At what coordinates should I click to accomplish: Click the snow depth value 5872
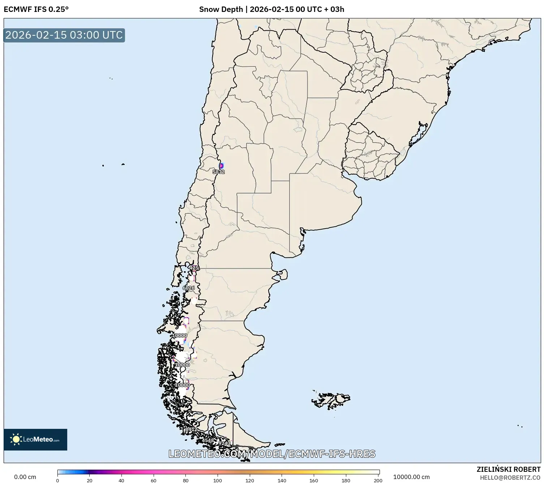219,172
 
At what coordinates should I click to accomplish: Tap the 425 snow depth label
194,268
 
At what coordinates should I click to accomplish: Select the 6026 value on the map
189,288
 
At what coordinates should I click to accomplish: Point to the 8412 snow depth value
191,429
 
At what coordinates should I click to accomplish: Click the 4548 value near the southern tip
208,440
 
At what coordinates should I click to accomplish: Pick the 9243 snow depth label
224,443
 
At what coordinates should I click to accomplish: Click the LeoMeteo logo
35,439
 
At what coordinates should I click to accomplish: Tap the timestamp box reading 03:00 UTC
64,35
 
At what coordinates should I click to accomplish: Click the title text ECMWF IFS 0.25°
36,9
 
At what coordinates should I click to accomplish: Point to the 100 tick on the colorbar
218,480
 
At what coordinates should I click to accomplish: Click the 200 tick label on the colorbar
378,480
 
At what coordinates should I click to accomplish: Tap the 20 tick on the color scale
90,480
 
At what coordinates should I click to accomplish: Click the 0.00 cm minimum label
25,477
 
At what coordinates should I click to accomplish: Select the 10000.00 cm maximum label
411,477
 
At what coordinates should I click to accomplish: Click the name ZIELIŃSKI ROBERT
509,469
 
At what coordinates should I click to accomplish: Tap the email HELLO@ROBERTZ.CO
510,478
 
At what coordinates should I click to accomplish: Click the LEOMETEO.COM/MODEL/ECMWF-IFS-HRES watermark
272,454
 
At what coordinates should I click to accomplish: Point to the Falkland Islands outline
332,399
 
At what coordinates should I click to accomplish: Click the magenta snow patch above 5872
221,165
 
